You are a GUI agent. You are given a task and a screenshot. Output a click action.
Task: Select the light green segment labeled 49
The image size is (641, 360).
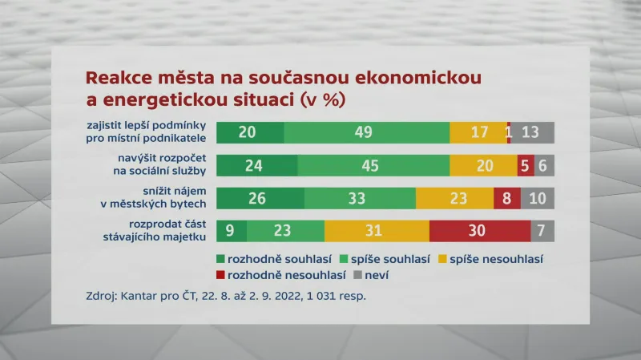pos(366,132)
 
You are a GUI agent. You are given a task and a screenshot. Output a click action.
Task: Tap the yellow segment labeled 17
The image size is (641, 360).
pos(478,132)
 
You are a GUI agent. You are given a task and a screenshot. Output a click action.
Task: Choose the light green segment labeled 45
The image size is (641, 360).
pos(373,165)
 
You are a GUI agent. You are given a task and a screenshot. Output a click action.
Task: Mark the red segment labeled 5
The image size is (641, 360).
pos(526,165)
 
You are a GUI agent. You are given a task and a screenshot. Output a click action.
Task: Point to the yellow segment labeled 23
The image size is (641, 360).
pos(454,198)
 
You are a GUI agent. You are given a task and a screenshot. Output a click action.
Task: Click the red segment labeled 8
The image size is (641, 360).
pos(506,198)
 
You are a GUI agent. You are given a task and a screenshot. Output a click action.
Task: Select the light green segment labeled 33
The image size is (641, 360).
pos(360,198)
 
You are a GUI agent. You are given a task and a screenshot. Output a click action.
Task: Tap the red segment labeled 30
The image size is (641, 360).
pos(479,231)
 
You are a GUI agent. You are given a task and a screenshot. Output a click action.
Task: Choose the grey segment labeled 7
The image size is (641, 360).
pos(542,231)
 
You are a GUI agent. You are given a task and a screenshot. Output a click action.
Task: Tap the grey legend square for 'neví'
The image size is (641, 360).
pos(358,275)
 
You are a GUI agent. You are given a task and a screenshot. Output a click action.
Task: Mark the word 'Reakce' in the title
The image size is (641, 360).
pos(117,79)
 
